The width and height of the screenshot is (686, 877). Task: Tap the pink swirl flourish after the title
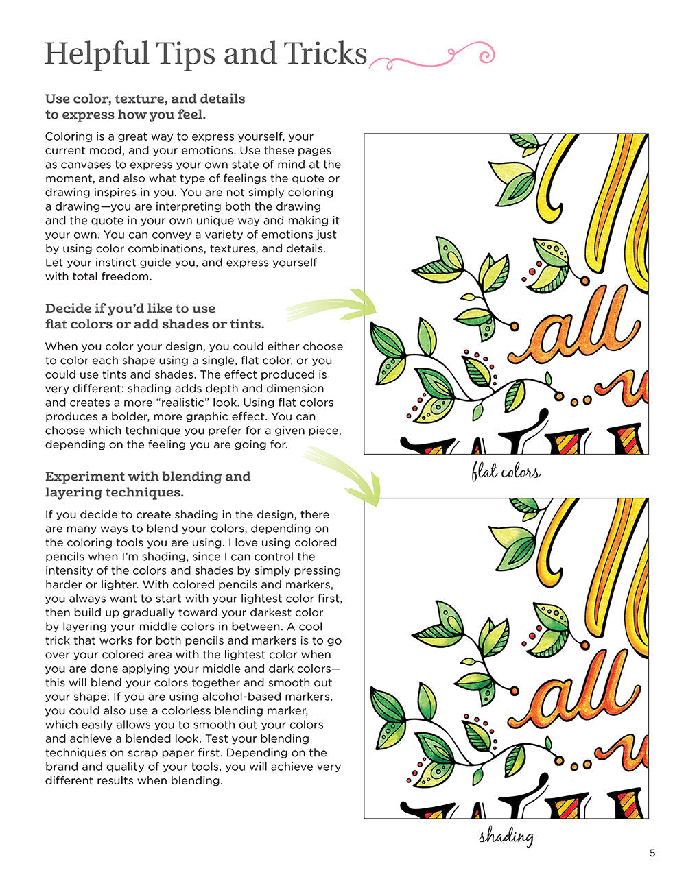click(432, 58)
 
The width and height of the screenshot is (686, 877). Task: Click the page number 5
click(652, 853)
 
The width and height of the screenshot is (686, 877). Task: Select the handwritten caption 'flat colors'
click(506, 472)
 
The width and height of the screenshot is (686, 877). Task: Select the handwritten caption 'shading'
click(506, 836)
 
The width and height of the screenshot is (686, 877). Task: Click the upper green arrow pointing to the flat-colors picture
click(333, 306)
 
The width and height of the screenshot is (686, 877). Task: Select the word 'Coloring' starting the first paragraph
click(67, 136)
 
